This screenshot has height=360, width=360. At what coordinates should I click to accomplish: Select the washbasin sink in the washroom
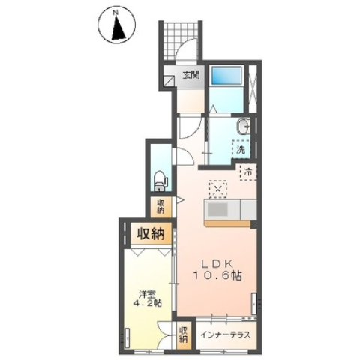click(x=243, y=127)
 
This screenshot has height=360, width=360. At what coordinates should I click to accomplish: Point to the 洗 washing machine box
click(x=241, y=149)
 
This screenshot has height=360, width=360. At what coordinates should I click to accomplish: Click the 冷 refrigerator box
click(x=247, y=172)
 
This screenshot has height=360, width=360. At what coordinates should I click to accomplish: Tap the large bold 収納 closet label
click(x=149, y=234)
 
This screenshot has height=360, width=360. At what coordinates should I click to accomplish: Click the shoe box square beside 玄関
click(x=170, y=75)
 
